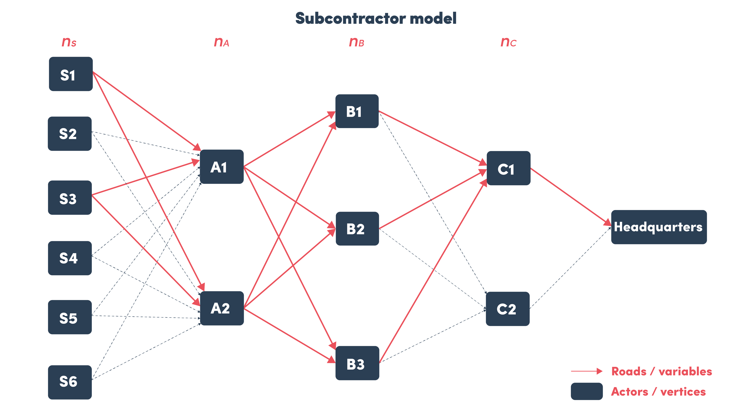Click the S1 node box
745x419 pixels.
[x=71, y=74]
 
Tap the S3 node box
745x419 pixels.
[x=70, y=198]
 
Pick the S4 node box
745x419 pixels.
[x=70, y=258]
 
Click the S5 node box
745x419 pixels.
[x=70, y=317]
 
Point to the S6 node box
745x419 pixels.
[x=70, y=382]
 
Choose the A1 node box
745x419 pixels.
[x=222, y=167]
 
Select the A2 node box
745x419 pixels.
[x=222, y=308]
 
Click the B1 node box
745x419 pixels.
[x=357, y=111]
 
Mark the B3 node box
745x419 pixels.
[x=357, y=363]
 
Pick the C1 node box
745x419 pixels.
[x=508, y=168]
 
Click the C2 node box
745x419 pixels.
[x=508, y=309]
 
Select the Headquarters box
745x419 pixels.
[x=659, y=227]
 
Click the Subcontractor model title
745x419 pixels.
[x=376, y=18]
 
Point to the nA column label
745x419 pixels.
[x=221, y=42]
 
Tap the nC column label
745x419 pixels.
[x=508, y=42]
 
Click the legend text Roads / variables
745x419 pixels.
[x=661, y=371]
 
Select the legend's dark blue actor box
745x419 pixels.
[x=586, y=391]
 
